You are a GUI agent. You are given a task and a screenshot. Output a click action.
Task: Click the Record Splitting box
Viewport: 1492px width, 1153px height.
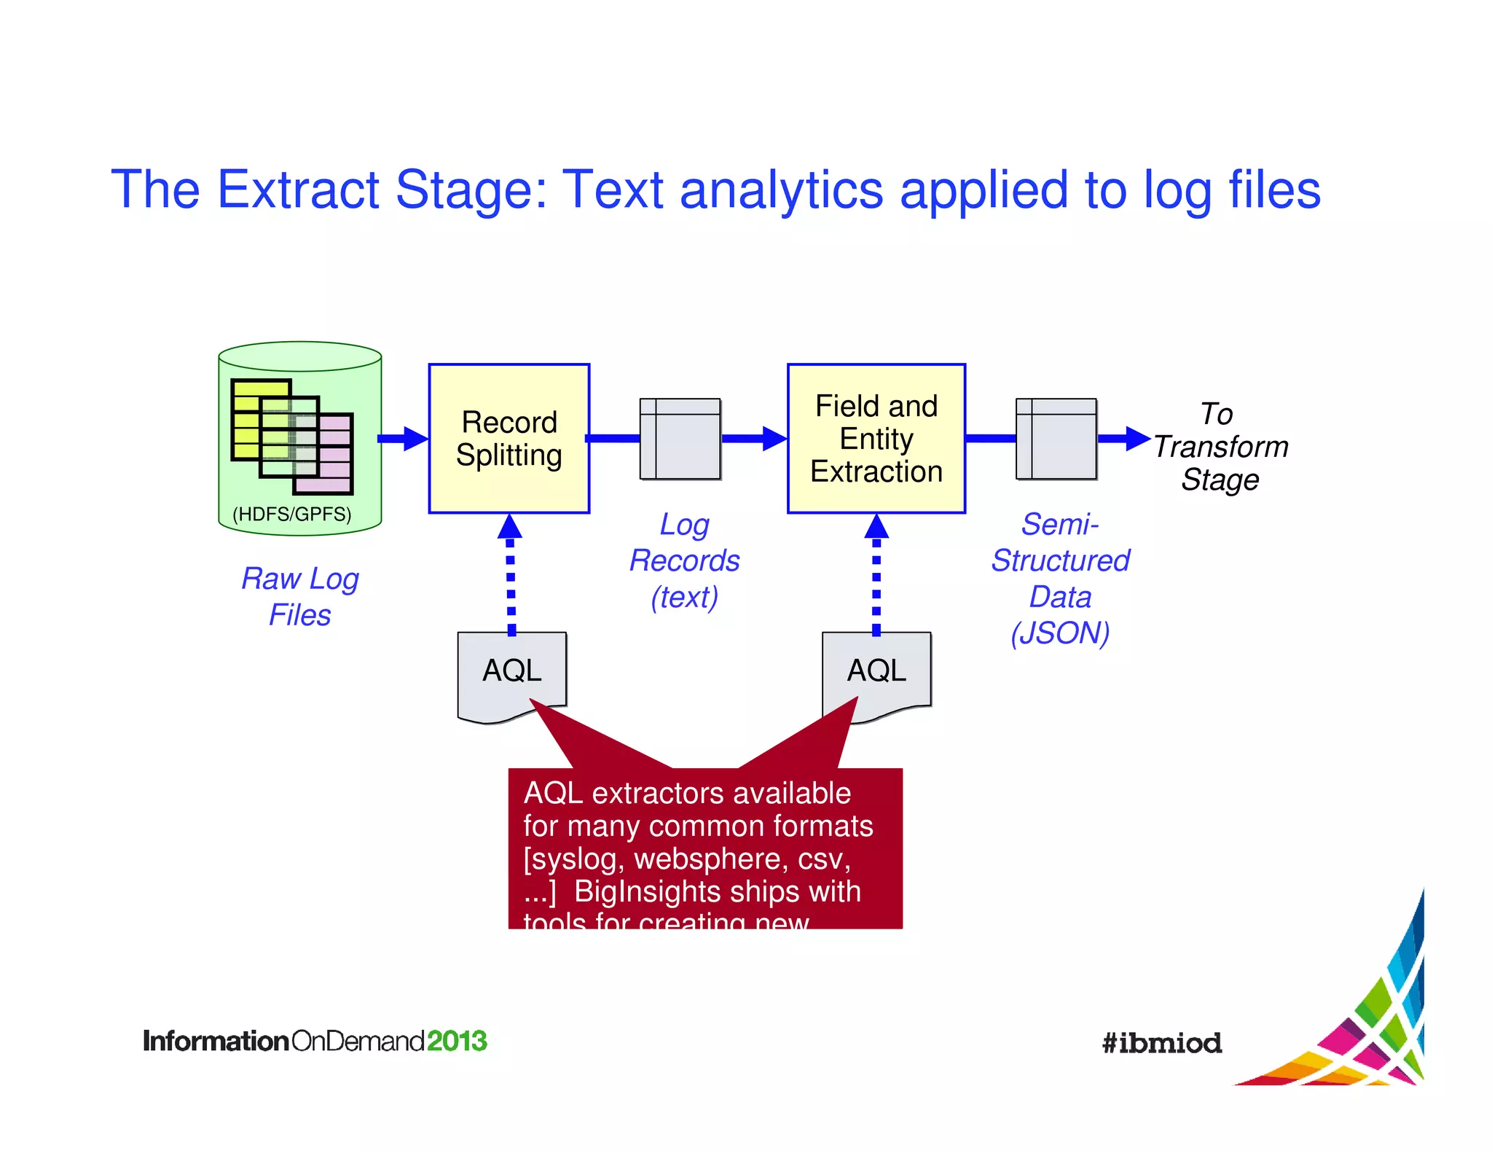(x=509, y=438)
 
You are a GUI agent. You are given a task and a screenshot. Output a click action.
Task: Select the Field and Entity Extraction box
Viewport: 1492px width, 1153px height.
(x=876, y=438)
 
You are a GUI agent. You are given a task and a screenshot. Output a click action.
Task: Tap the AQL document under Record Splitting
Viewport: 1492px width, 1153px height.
(x=511, y=671)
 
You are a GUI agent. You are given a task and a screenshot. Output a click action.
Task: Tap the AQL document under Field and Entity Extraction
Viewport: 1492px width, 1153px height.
(x=876, y=671)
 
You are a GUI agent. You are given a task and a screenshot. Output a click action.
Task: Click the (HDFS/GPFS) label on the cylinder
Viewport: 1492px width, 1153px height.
(x=291, y=515)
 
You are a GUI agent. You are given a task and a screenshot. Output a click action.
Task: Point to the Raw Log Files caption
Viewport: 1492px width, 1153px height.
(x=300, y=596)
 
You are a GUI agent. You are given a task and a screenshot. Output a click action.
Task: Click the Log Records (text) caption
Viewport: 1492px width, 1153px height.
(x=684, y=560)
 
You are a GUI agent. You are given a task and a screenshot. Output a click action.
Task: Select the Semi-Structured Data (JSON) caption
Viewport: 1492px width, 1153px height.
(x=1060, y=579)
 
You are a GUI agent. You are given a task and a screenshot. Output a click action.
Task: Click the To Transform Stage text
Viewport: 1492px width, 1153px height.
(x=1220, y=447)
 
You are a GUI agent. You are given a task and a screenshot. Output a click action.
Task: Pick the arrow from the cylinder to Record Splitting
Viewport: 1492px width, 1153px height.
(x=402, y=439)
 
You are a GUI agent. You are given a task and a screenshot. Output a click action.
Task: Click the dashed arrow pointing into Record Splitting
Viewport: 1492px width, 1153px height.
(x=510, y=576)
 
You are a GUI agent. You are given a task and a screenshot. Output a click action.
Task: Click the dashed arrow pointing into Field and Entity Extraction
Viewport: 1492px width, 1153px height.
(x=876, y=576)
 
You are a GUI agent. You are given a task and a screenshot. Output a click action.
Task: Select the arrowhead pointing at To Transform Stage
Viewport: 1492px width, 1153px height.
(x=1136, y=439)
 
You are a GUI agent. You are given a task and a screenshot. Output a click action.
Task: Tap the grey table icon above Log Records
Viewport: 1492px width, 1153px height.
(x=680, y=439)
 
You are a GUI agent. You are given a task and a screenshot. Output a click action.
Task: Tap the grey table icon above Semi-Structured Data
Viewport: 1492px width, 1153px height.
(x=1056, y=439)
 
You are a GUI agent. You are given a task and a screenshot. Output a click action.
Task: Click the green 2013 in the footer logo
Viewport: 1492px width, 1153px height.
(x=457, y=1041)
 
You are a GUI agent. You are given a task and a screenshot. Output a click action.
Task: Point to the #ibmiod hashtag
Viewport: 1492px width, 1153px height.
(x=1162, y=1043)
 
